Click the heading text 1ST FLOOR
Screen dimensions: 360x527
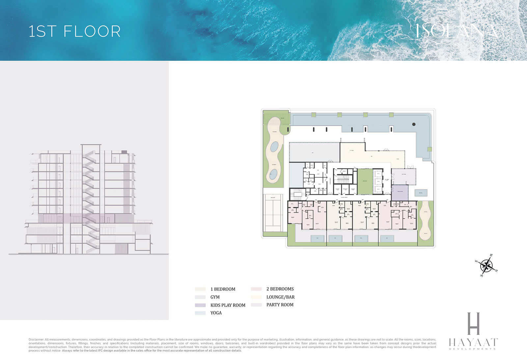pyautogui.click(x=74, y=31)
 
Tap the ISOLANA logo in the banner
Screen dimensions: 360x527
pyautogui.click(x=456, y=31)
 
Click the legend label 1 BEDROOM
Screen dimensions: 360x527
pyautogui.click(x=223, y=289)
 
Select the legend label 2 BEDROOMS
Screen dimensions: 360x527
pyautogui.click(x=280, y=289)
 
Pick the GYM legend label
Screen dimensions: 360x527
pyautogui.click(x=215, y=297)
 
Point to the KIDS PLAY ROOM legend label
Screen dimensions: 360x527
pyautogui.click(x=228, y=305)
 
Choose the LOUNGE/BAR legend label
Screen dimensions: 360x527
pyautogui.click(x=280, y=297)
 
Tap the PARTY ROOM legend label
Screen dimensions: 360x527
pyautogui.click(x=280, y=305)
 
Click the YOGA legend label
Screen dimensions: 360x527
pyautogui.click(x=216, y=313)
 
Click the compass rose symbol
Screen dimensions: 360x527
pyautogui.click(x=486, y=265)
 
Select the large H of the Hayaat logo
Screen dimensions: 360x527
pyautogui.click(x=473, y=323)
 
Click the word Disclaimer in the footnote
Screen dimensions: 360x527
pyautogui.click(x=36, y=340)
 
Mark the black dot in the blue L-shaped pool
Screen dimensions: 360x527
pyautogui.click(x=414, y=124)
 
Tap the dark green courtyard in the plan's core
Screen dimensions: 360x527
pyautogui.click(x=365, y=181)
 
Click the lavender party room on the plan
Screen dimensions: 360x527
pyautogui.click(x=403, y=176)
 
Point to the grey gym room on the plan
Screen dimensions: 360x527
pyautogui.click(x=314, y=152)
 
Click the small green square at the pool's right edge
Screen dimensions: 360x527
pyautogui.click(x=430, y=149)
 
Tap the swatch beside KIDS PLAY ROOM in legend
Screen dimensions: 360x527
pyautogui.click(x=200, y=305)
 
